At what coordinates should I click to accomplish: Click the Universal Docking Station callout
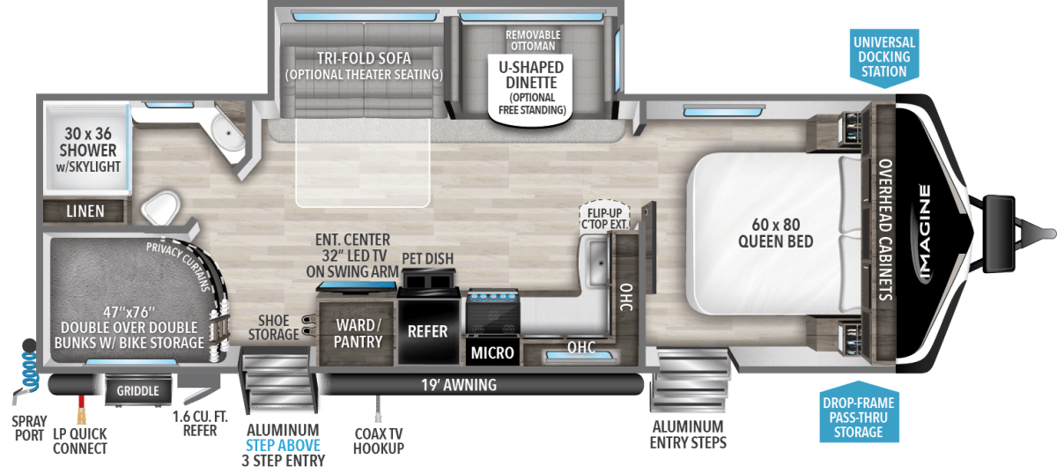tap(883, 57)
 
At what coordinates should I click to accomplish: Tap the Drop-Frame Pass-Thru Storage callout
tap(858, 412)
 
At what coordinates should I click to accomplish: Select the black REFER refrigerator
tap(428, 331)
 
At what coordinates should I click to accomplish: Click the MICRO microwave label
tap(492, 352)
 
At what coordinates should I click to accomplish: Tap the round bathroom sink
tap(227, 134)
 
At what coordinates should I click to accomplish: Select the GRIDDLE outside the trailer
tap(137, 390)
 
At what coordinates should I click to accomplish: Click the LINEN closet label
tap(85, 211)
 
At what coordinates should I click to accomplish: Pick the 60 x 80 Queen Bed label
tap(776, 233)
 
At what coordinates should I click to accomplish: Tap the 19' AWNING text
tap(459, 385)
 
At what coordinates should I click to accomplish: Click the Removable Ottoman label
tap(533, 41)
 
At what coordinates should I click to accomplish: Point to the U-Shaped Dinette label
tap(531, 75)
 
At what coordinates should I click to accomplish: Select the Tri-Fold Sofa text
tap(364, 58)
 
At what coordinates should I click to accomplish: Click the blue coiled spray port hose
tap(30, 367)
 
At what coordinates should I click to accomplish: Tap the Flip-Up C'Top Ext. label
tap(604, 218)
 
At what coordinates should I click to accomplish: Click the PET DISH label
tap(427, 259)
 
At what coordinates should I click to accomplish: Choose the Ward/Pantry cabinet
tap(358, 332)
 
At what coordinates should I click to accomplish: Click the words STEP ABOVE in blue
tap(283, 445)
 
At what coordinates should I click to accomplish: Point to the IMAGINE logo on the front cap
tap(925, 233)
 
